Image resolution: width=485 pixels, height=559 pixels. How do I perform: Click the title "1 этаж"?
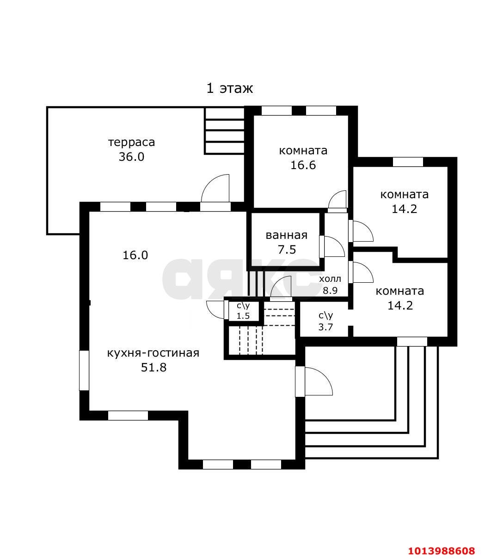(x=229, y=88)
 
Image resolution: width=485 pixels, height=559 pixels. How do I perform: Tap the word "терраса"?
(x=131, y=143)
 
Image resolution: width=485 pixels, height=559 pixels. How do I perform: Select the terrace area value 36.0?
(x=131, y=157)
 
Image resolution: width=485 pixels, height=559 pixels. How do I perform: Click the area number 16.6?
(x=303, y=165)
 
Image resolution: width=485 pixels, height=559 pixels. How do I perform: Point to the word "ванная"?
(x=287, y=235)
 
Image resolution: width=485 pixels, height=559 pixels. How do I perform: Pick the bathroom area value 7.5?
(x=287, y=249)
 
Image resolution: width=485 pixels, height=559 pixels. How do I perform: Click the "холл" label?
(x=330, y=279)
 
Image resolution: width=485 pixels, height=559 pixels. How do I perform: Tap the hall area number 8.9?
(x=330, y=291)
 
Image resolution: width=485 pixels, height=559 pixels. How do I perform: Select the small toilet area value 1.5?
(x=243, y=316)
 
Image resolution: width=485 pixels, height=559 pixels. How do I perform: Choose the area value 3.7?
(x=325, y=327)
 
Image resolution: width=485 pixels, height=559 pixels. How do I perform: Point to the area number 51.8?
(x=153, y=368)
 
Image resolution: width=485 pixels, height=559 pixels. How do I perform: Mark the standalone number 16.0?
(x=135, y=255)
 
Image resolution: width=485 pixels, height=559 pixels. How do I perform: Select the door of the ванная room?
(x=332, y=247)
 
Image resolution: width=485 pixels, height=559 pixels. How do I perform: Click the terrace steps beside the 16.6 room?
(x=225, y=131)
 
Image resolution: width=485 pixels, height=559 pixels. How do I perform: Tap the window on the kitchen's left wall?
(x=84, y=371)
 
